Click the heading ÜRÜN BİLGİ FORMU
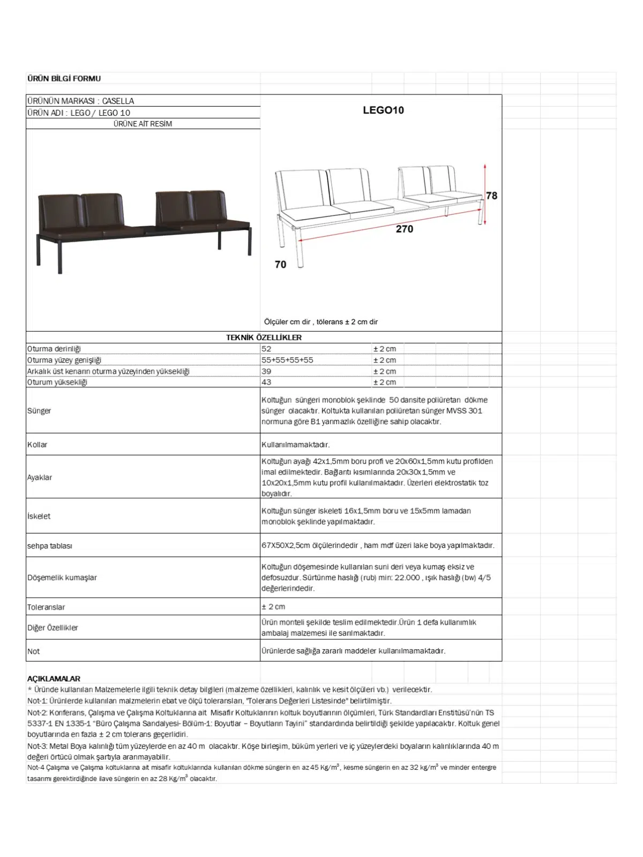64,78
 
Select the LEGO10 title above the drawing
383,110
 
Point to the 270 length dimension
405,229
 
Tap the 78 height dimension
491,196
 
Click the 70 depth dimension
280,265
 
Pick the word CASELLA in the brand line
118,101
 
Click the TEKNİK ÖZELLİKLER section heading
264,337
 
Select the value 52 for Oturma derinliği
266,349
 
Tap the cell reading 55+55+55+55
287,360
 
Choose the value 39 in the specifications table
266,371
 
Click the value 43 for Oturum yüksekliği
266,382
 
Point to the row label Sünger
39,411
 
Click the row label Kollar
38,445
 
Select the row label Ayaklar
40,477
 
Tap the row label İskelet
39,516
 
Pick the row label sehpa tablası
50,546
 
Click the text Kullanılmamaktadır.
295,445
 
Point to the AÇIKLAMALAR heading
54,679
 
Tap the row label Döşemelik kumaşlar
62,577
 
